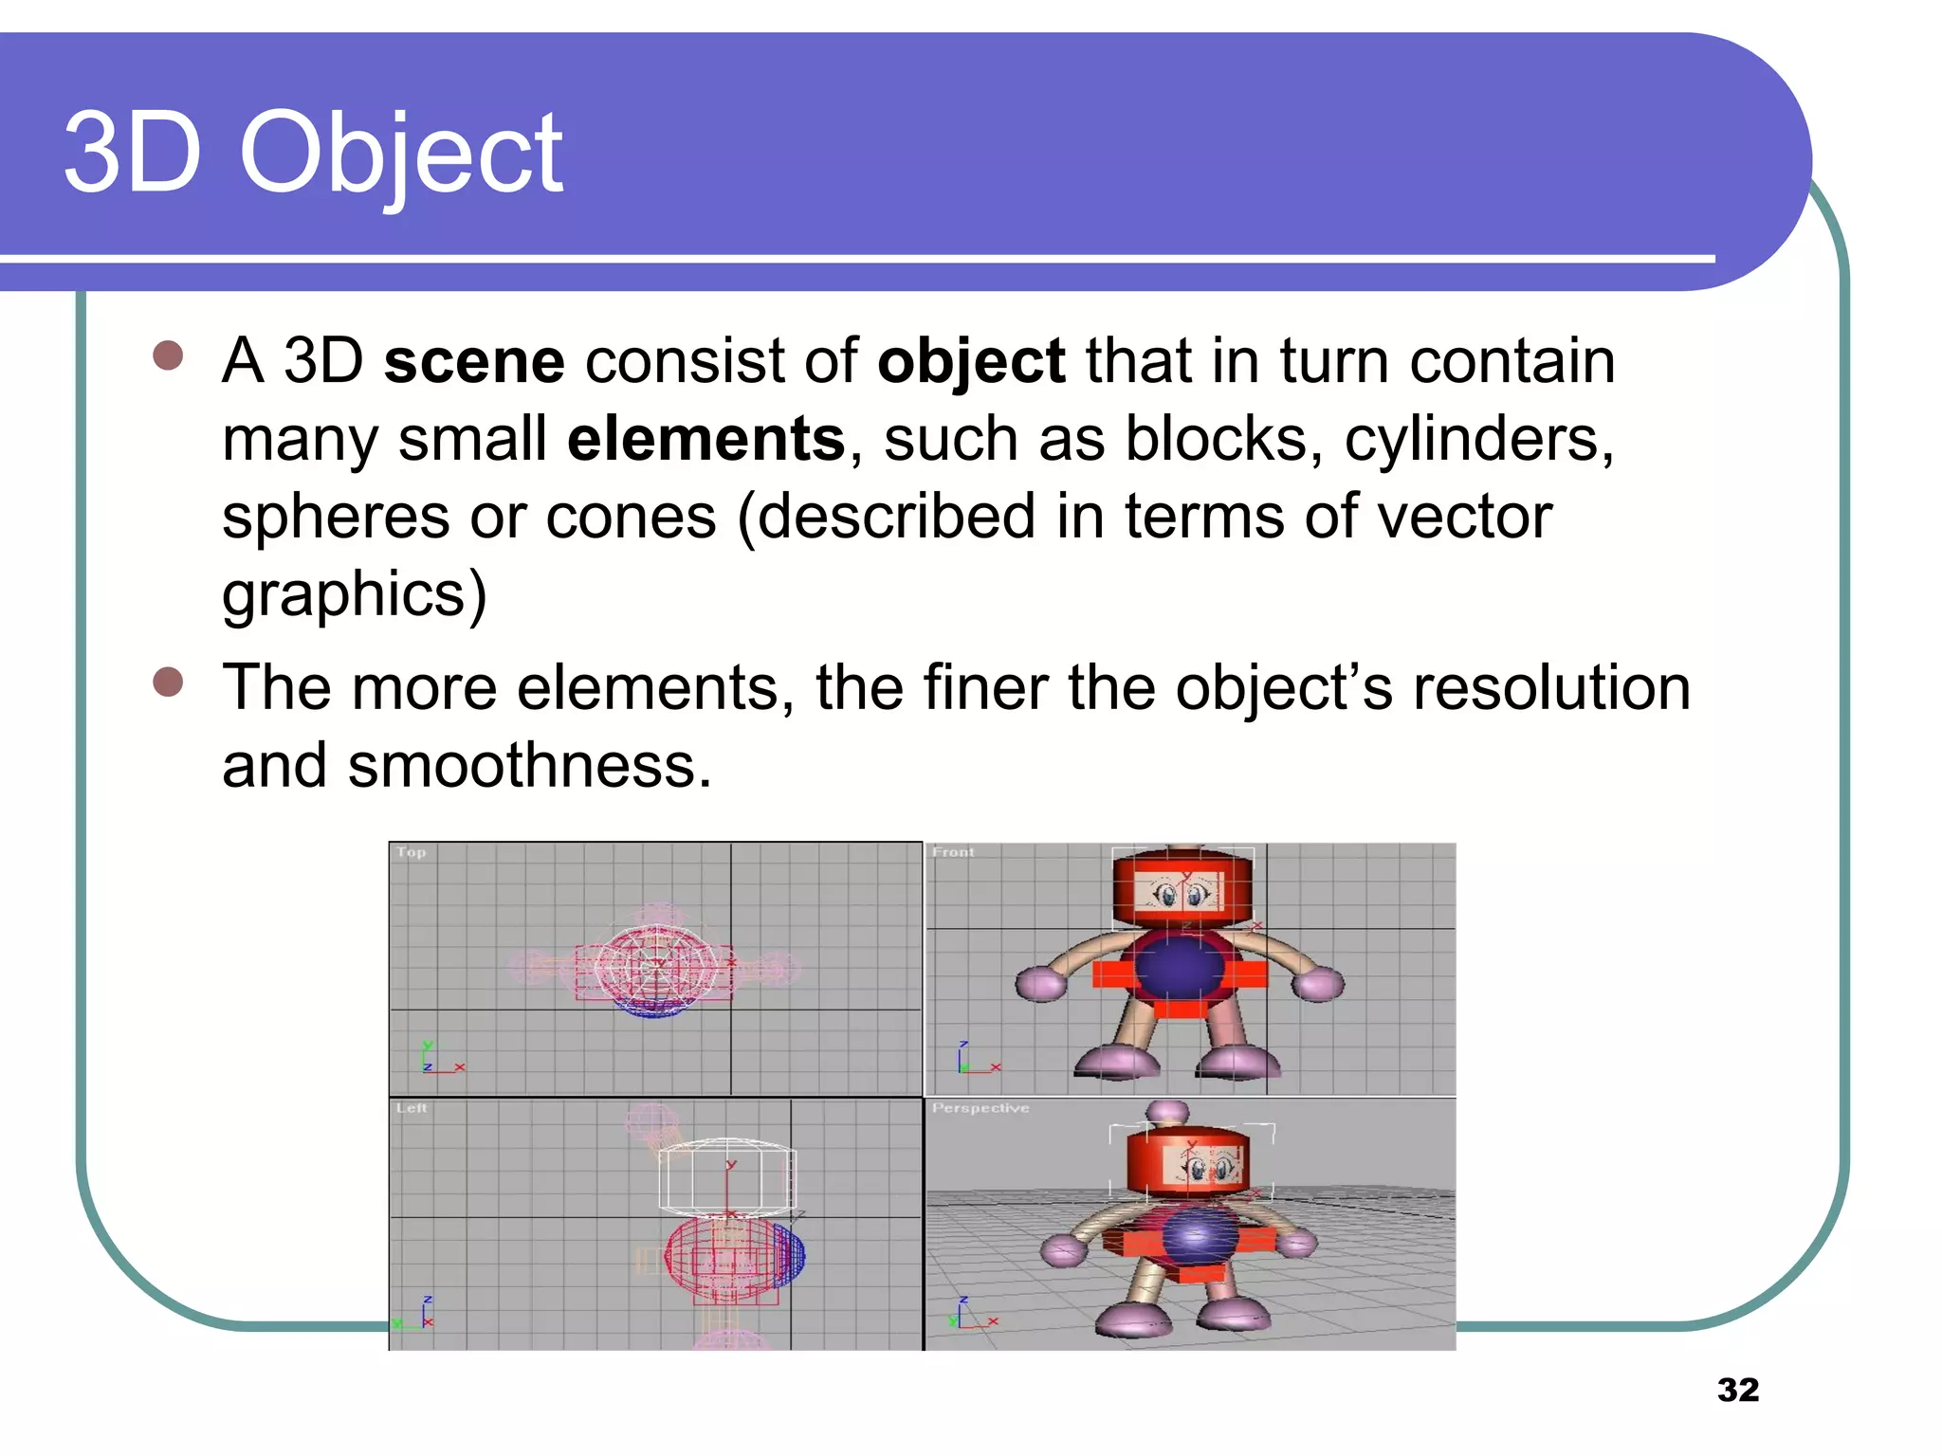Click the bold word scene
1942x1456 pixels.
[x=474, y=361]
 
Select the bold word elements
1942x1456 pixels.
[x=705, y=439]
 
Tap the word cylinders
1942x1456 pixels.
[x=1478, y=441]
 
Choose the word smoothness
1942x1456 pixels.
[x=528, y=766]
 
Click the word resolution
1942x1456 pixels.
[x=1551, y=687]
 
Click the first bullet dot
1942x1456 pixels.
[x=168, y=356]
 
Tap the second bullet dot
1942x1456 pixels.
[x=168, y=682]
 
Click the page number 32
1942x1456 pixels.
[x=1737, y=1390]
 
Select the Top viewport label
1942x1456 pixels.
[x=412, y=852]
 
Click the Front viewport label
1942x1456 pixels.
[x=953, y=852]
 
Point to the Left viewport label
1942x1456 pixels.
[x=412, y=1107]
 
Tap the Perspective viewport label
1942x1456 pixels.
[x=980, y=1107]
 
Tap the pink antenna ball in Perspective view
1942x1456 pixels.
[x=1167, y=1111]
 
